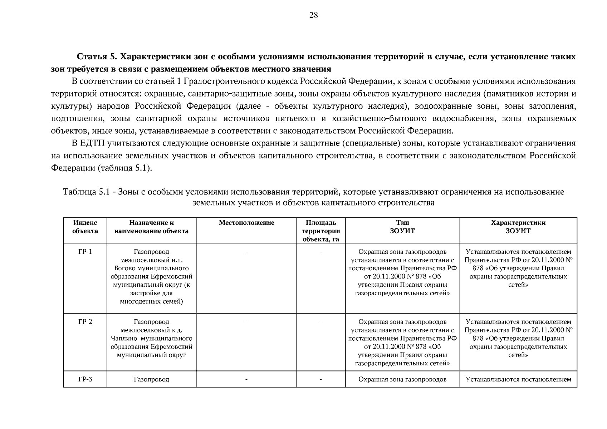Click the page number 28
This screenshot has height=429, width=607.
point(313,15)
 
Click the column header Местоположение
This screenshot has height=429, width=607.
point(246,223)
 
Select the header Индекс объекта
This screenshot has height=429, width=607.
point(85,227)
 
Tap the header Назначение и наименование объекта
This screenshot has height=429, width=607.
point(151,227)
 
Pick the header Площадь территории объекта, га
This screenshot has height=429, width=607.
point(321,231)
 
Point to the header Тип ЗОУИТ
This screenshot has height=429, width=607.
point(402,227)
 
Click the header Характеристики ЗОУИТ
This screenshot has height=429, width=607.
point(518,227)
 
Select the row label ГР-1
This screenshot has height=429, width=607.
point(85,252)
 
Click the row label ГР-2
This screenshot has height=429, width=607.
point(85,322)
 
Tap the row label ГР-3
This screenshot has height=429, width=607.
point(85,379)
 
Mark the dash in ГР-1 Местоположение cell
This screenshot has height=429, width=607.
point(246,252)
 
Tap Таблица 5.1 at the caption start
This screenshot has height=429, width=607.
point(85,192)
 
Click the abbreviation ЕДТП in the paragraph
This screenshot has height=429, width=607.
point(92,143)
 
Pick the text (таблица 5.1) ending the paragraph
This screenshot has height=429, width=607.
point(125,168)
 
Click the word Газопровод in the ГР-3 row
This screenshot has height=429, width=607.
point(151,379)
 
